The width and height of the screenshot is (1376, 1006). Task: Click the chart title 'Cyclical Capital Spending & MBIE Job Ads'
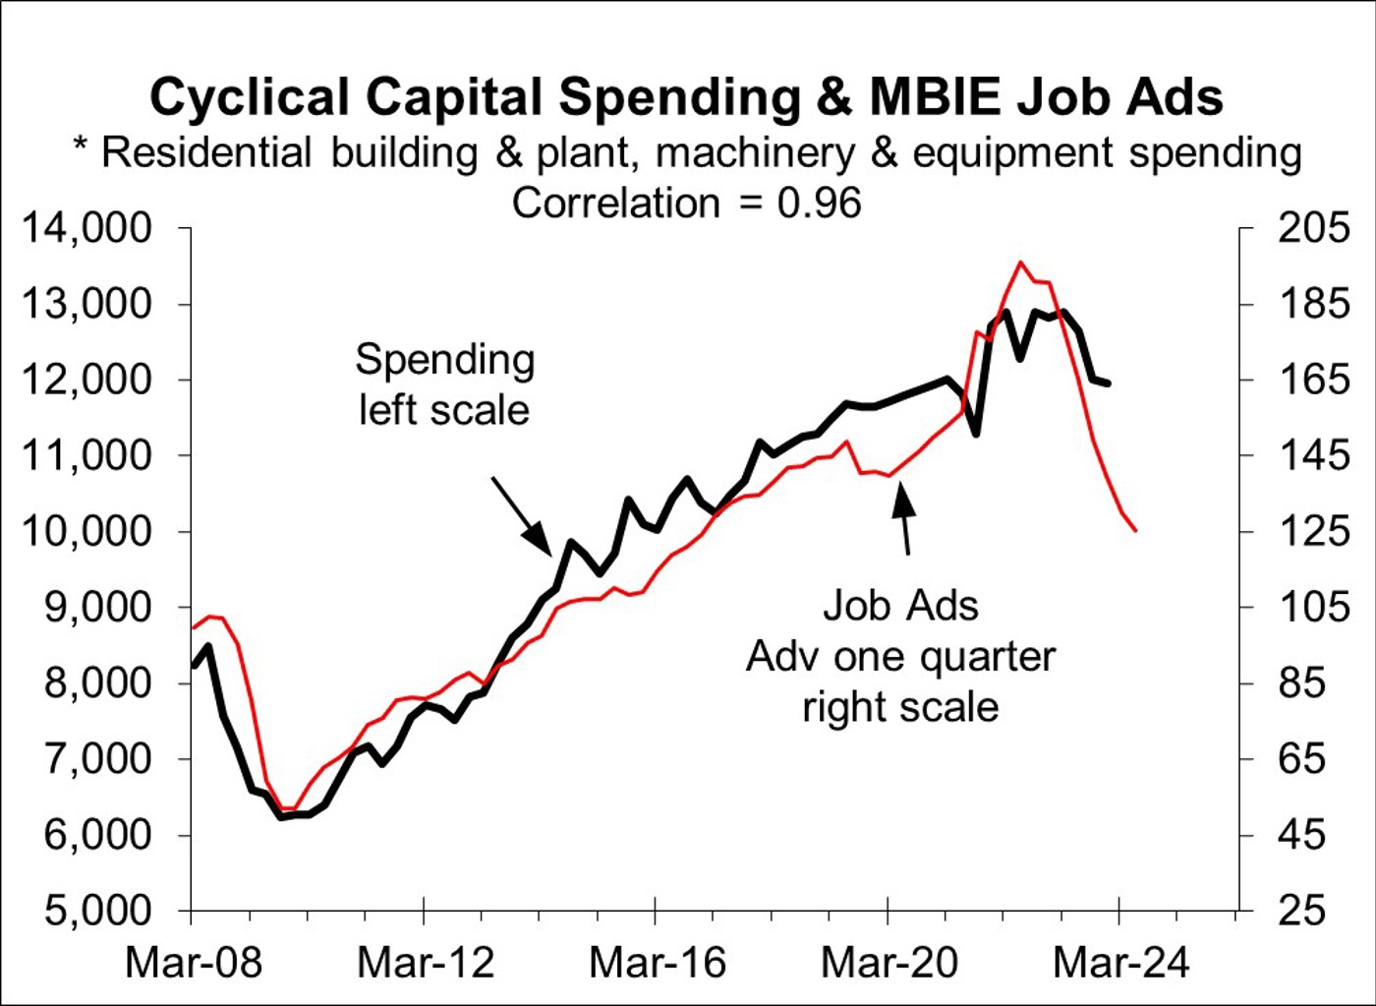(x=686, y=97)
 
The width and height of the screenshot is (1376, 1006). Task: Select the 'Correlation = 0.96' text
(x=686, y=204)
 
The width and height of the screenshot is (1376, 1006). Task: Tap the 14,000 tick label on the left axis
(x=87, y=228)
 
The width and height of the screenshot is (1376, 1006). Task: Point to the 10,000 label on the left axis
(x=87, y=531)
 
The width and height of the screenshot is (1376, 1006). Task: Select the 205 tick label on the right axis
(x=1314, y=228)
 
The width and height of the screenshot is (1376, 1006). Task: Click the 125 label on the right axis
(x=1314, y=531)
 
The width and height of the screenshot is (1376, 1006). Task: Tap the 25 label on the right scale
(x=1302, y=911)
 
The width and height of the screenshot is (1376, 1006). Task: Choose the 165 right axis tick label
(x=1314, y=380)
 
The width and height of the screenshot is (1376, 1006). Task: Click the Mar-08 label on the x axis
(x=194, y=962)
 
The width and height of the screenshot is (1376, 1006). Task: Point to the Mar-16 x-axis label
(x=657, y=962)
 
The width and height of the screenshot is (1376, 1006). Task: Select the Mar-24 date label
(x=1120, y=962)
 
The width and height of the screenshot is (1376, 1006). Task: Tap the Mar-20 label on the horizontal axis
(x=889, y=962)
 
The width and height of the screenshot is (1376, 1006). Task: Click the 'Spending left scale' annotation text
(x=444, y=385)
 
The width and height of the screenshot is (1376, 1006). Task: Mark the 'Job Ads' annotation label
(x=900, y=606)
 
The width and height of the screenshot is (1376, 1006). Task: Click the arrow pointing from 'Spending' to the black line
(x=521, y=515)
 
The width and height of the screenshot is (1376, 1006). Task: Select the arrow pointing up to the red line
(x=903, y=521)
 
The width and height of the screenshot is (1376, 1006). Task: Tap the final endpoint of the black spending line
(x=1110, y=384)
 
